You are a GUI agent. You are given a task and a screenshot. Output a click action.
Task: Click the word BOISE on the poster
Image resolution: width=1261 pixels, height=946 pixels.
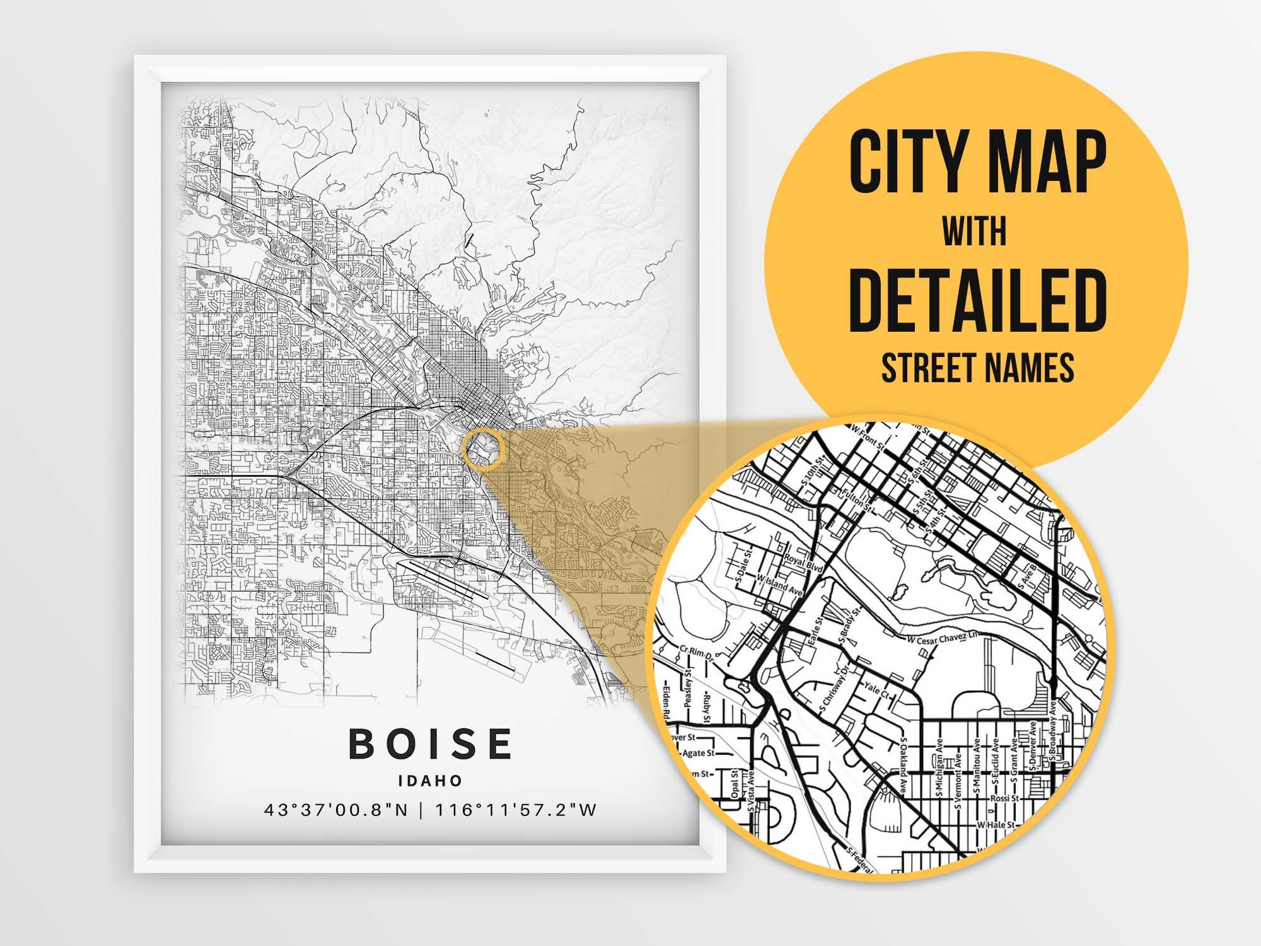(431, 744)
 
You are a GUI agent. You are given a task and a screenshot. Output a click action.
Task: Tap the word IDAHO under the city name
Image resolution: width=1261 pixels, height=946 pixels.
(431, 780)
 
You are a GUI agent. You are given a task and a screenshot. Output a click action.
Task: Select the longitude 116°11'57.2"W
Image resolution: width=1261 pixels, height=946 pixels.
(516, 810)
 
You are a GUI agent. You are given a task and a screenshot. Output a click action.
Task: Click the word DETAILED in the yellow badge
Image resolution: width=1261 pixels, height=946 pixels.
(978, 302)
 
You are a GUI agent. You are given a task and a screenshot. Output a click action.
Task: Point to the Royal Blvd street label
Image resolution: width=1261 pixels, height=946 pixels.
(804, 563)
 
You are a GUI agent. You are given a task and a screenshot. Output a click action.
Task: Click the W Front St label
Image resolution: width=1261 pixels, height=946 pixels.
(868, 438)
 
